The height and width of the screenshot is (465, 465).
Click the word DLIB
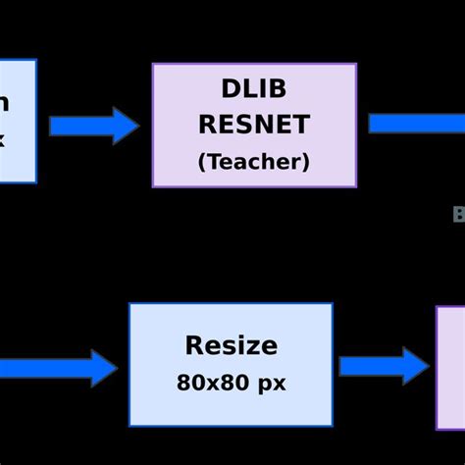pos(254,90)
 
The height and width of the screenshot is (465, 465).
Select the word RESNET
pos(254,125)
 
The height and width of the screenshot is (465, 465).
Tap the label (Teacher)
pos(254,162)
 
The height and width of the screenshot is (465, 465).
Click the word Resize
pos(231,345)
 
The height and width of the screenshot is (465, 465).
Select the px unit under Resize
pos(271,384)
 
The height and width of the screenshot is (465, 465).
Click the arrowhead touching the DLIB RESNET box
pos(126,126)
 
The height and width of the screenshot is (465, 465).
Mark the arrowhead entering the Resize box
pos(104,368)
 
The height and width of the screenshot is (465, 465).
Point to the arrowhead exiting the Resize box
pos(415,366)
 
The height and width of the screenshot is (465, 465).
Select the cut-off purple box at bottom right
pos(451,367)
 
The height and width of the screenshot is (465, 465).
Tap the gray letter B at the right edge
pos(459,215)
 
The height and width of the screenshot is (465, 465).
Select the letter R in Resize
pos(194,345)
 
